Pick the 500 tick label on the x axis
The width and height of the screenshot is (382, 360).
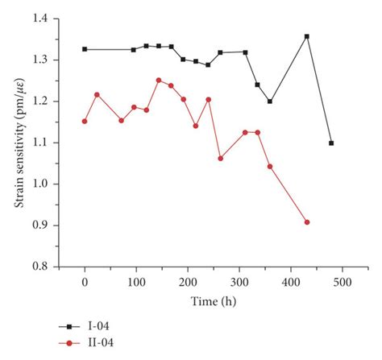343,283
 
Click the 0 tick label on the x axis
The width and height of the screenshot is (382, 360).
85,283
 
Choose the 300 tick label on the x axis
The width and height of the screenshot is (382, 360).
239,283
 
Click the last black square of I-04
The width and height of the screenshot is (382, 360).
331,143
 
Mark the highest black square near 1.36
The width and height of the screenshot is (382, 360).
307,36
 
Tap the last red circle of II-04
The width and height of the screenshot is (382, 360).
307,222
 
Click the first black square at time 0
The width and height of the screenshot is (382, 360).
85,49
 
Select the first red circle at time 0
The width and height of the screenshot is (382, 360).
85,122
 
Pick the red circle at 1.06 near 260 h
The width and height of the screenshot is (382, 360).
220,159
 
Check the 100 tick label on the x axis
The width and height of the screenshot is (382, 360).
136,283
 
